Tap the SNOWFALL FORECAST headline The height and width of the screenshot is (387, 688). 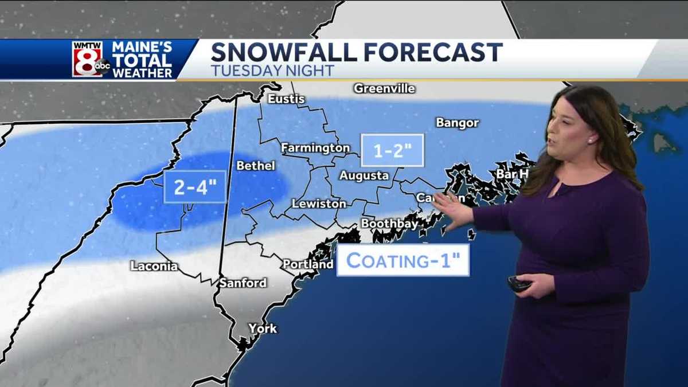pyautogui.click(x=356, y=53)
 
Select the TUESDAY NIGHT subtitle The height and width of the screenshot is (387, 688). pyautogui.click(x=272, y=71)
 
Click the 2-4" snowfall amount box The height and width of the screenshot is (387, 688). pyautogui.click(x=195, y=187)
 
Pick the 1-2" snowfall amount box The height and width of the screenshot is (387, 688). pyautogui.click(x=392, y=150)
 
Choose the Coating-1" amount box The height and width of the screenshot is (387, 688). pyautogui.click(x=402, y=260)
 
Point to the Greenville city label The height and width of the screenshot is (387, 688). pyautogui.click(x=384, y=89)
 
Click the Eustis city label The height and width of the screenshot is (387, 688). pyautogui.click(x=286, y=99)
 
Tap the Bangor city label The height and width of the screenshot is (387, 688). pyautogui.click(x=457, y=123)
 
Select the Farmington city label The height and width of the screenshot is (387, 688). pyautogui.click(x=315, y=148)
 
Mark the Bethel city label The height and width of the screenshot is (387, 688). pyautogui.click(x=256, y=166)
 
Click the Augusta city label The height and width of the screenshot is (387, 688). pyautogui.click(x=364, y=175)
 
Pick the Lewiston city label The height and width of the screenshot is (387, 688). pyautogui.click(x=319, y=204)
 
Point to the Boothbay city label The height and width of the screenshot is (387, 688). pyautogui.click(x=389, y=224)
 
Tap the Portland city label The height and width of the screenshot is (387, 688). pyautogui.click(x=308, y=264)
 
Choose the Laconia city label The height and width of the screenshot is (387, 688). pyautogui.click(x=154, y=266)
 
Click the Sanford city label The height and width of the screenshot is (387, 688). pyautogui.click(x=243, y=283)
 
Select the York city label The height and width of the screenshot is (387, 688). pyautogui.click(x=263, y=329)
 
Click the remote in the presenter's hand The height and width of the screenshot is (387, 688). pyautogui.click(x=518, y=283)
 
